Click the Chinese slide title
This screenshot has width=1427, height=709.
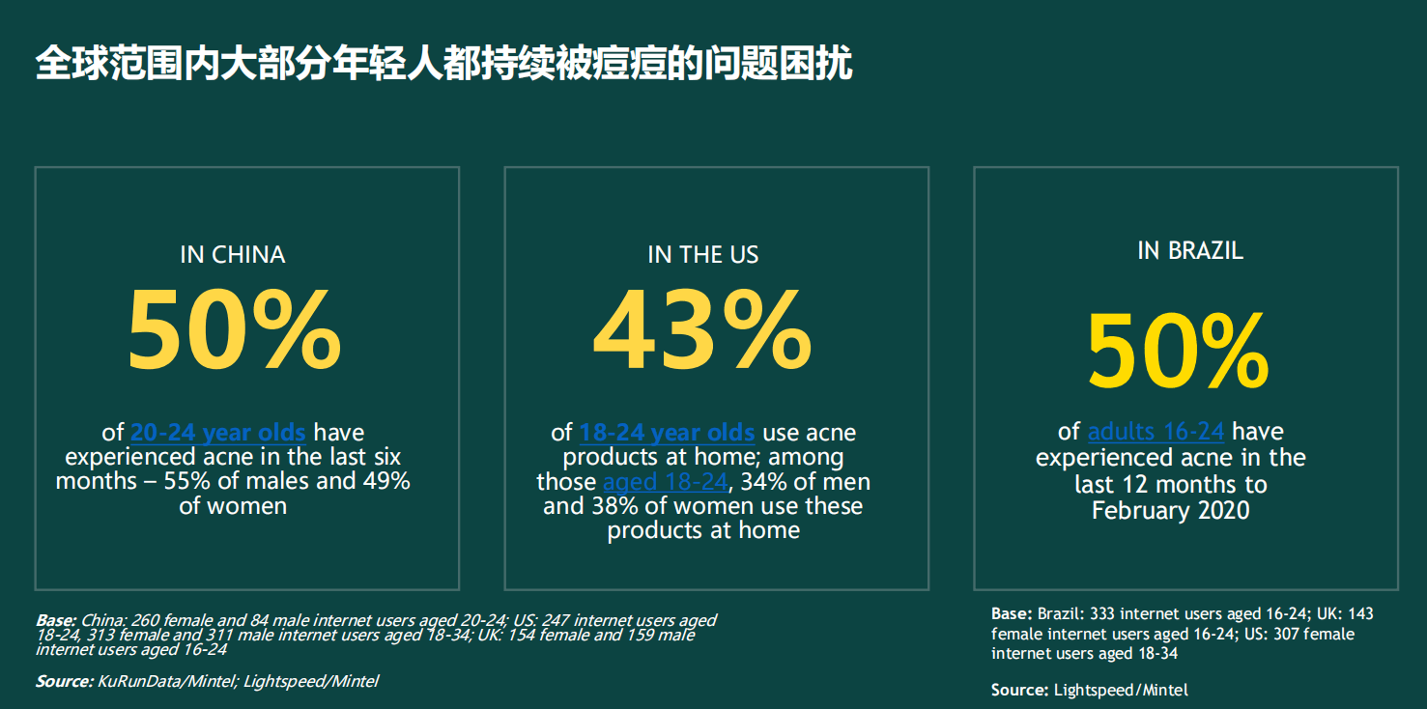pos(443,64)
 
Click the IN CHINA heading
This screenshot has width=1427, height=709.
pos(233,255)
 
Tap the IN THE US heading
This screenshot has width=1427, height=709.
pos(703,255)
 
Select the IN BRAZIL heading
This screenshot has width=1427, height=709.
pos(1190,250)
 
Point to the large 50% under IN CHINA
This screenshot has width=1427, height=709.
pos(235,329)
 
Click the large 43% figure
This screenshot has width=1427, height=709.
pos(702,329)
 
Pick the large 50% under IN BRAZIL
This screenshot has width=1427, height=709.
pos(1179,351)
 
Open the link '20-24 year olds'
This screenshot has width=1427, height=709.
pos(218,433)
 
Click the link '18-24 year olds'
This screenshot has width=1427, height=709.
pos(667,433)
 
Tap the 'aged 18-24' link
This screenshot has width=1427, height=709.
pos(665,482)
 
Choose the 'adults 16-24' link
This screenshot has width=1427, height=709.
pos(1156,431)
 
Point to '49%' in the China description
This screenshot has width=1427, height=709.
pos(386,481)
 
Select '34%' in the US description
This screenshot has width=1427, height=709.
pos(764,482)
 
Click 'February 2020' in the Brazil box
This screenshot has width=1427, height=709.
pos(1171,510)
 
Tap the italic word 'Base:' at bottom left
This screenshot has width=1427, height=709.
pos(57,620)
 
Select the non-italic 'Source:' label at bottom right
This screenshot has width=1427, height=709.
pos(1019,690)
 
